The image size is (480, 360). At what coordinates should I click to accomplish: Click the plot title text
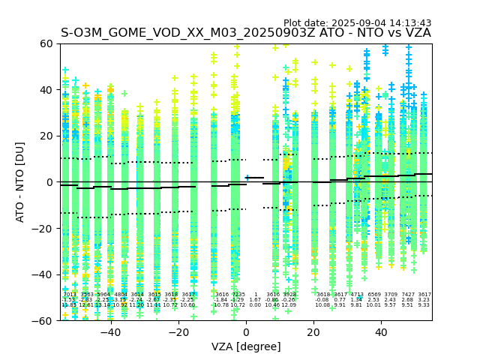(245, 33)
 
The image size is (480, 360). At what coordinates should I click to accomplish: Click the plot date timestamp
(357, 23)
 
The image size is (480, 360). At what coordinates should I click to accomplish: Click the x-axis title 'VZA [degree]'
(246, 346)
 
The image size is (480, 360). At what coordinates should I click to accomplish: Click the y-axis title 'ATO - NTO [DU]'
(21, 181)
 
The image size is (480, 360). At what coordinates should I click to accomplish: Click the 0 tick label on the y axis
(50, 182)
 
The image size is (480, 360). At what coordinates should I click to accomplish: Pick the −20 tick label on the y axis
(44, 228)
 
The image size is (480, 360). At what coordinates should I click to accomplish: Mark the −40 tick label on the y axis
(44, 274)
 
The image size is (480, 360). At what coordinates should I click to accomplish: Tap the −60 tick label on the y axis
(44, 320)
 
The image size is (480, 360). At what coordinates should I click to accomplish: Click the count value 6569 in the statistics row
(374, 295)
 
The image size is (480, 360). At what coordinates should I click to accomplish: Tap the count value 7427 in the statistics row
(408, 295)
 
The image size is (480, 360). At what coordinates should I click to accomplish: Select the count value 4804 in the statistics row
(121, 295)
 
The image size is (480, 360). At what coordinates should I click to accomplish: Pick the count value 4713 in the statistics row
(357, 295)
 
